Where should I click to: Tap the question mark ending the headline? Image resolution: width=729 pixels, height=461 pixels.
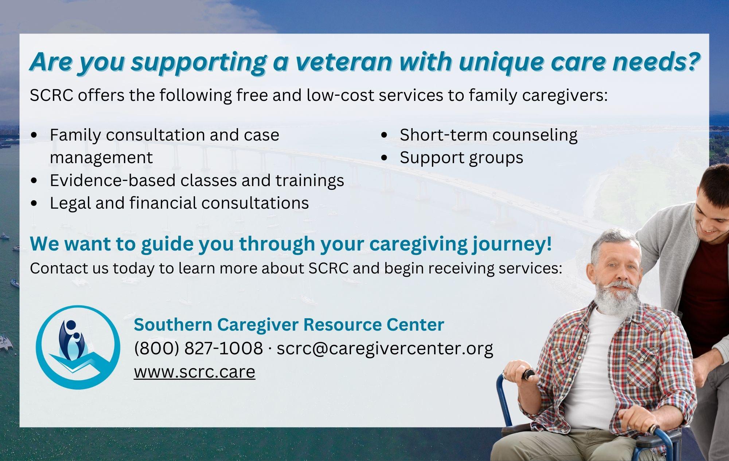691,61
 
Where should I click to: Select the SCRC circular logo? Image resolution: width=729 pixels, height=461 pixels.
78,347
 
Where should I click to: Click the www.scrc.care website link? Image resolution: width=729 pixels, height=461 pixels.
195,372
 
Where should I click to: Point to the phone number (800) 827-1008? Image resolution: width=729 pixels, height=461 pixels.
198,348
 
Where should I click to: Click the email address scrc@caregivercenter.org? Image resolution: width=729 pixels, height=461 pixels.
385,348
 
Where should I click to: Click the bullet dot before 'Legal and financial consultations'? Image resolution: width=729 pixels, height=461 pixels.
34,203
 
